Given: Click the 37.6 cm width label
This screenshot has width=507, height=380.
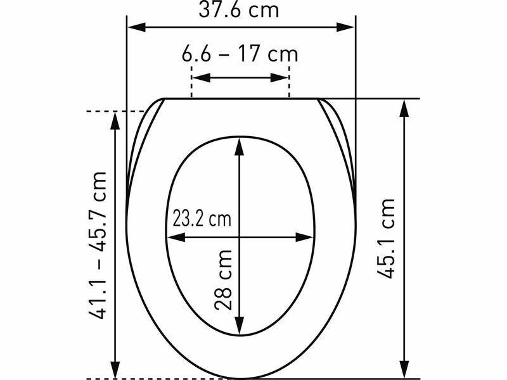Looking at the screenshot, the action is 239,9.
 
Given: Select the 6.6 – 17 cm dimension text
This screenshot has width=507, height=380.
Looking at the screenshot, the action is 240,54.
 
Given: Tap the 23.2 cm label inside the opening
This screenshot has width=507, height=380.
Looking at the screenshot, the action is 202,218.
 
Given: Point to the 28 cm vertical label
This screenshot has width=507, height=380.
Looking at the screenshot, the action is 223,280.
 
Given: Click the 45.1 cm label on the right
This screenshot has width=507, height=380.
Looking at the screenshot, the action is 386,239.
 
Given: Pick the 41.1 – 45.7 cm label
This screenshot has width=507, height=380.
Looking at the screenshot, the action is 98,246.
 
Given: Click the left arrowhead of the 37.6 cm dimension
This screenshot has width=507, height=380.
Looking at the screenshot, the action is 136,27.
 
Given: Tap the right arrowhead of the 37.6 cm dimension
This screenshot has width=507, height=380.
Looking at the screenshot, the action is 345,27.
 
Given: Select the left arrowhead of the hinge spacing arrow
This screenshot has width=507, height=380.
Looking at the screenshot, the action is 202,77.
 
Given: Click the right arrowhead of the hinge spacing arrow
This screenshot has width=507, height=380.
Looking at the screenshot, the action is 279,77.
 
